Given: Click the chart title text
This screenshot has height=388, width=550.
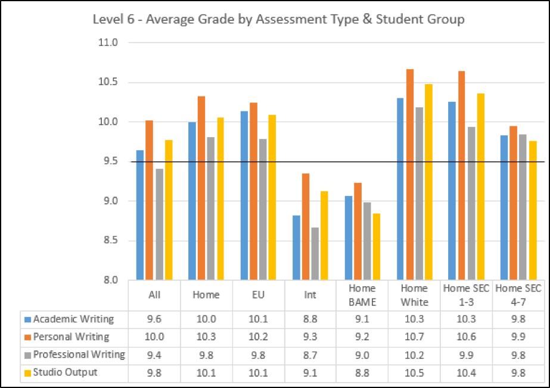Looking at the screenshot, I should (x=278, y=20).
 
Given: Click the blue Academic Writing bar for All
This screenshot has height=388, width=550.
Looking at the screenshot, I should (x=140, y=215).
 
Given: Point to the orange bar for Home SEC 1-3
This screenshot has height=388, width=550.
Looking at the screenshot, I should (x=461, y=175).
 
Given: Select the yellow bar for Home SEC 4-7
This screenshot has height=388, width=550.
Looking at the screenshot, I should (x=532, y=210).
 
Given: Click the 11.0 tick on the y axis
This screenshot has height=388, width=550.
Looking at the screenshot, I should (x=111, y=43).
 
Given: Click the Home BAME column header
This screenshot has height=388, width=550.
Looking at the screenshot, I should (x=362, y=294).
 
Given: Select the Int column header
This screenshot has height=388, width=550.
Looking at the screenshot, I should (x=309, y=294).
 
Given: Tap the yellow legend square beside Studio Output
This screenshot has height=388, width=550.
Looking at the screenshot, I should (x=26, y=373).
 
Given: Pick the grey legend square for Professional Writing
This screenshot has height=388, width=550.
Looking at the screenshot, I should (x=26, y=355).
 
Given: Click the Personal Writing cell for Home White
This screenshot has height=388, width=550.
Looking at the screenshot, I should (x=414, y=337).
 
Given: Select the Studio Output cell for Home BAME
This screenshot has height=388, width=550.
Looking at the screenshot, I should (x=362, y=373).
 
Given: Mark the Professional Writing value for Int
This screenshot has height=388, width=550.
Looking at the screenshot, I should (x=309, y=355).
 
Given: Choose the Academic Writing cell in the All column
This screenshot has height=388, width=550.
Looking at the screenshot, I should (x=155, y=319).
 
